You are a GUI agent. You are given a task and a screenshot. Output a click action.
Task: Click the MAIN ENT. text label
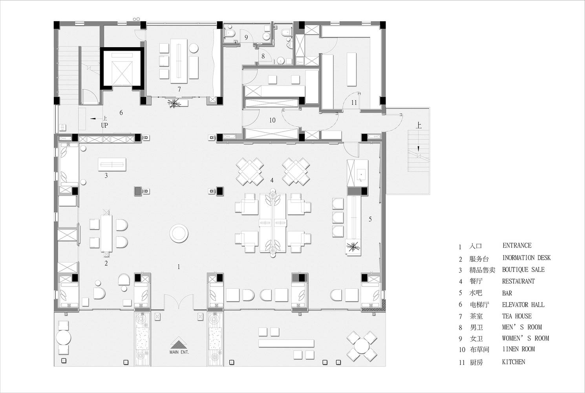[x=179, y=352]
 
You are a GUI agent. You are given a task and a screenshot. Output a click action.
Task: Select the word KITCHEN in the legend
[x=514, y=362]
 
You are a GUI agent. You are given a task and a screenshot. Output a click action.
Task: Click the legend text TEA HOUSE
[x=517, y=316]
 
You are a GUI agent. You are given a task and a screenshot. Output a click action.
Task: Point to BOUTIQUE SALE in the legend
[x=523, y=270]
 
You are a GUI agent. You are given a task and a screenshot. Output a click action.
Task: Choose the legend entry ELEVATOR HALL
[x=523, y=305]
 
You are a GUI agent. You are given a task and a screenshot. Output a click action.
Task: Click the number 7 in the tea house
[x=179, y=90]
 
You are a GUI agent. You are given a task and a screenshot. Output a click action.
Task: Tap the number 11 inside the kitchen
[x=354, y=103]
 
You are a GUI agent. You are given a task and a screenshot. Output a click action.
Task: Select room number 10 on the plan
[x=272, y=120]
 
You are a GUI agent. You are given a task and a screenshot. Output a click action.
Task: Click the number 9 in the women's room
[x=246, y=37]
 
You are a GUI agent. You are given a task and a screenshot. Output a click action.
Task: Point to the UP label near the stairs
[x=104, y=125]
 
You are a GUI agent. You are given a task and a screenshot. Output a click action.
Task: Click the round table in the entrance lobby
[x=179, y=233]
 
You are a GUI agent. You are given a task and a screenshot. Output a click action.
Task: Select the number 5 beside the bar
[x=370, y=219]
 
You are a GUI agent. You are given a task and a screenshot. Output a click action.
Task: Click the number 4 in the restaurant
[x=272, y=180]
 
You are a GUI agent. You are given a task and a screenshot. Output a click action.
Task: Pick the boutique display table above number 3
[x=112, y=164]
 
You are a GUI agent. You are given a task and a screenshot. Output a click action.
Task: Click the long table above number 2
[x=106, y=233]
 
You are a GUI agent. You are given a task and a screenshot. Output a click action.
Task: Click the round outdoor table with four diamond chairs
[x=362, y=347]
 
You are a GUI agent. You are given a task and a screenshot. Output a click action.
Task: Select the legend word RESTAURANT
[x=518, y=281]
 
